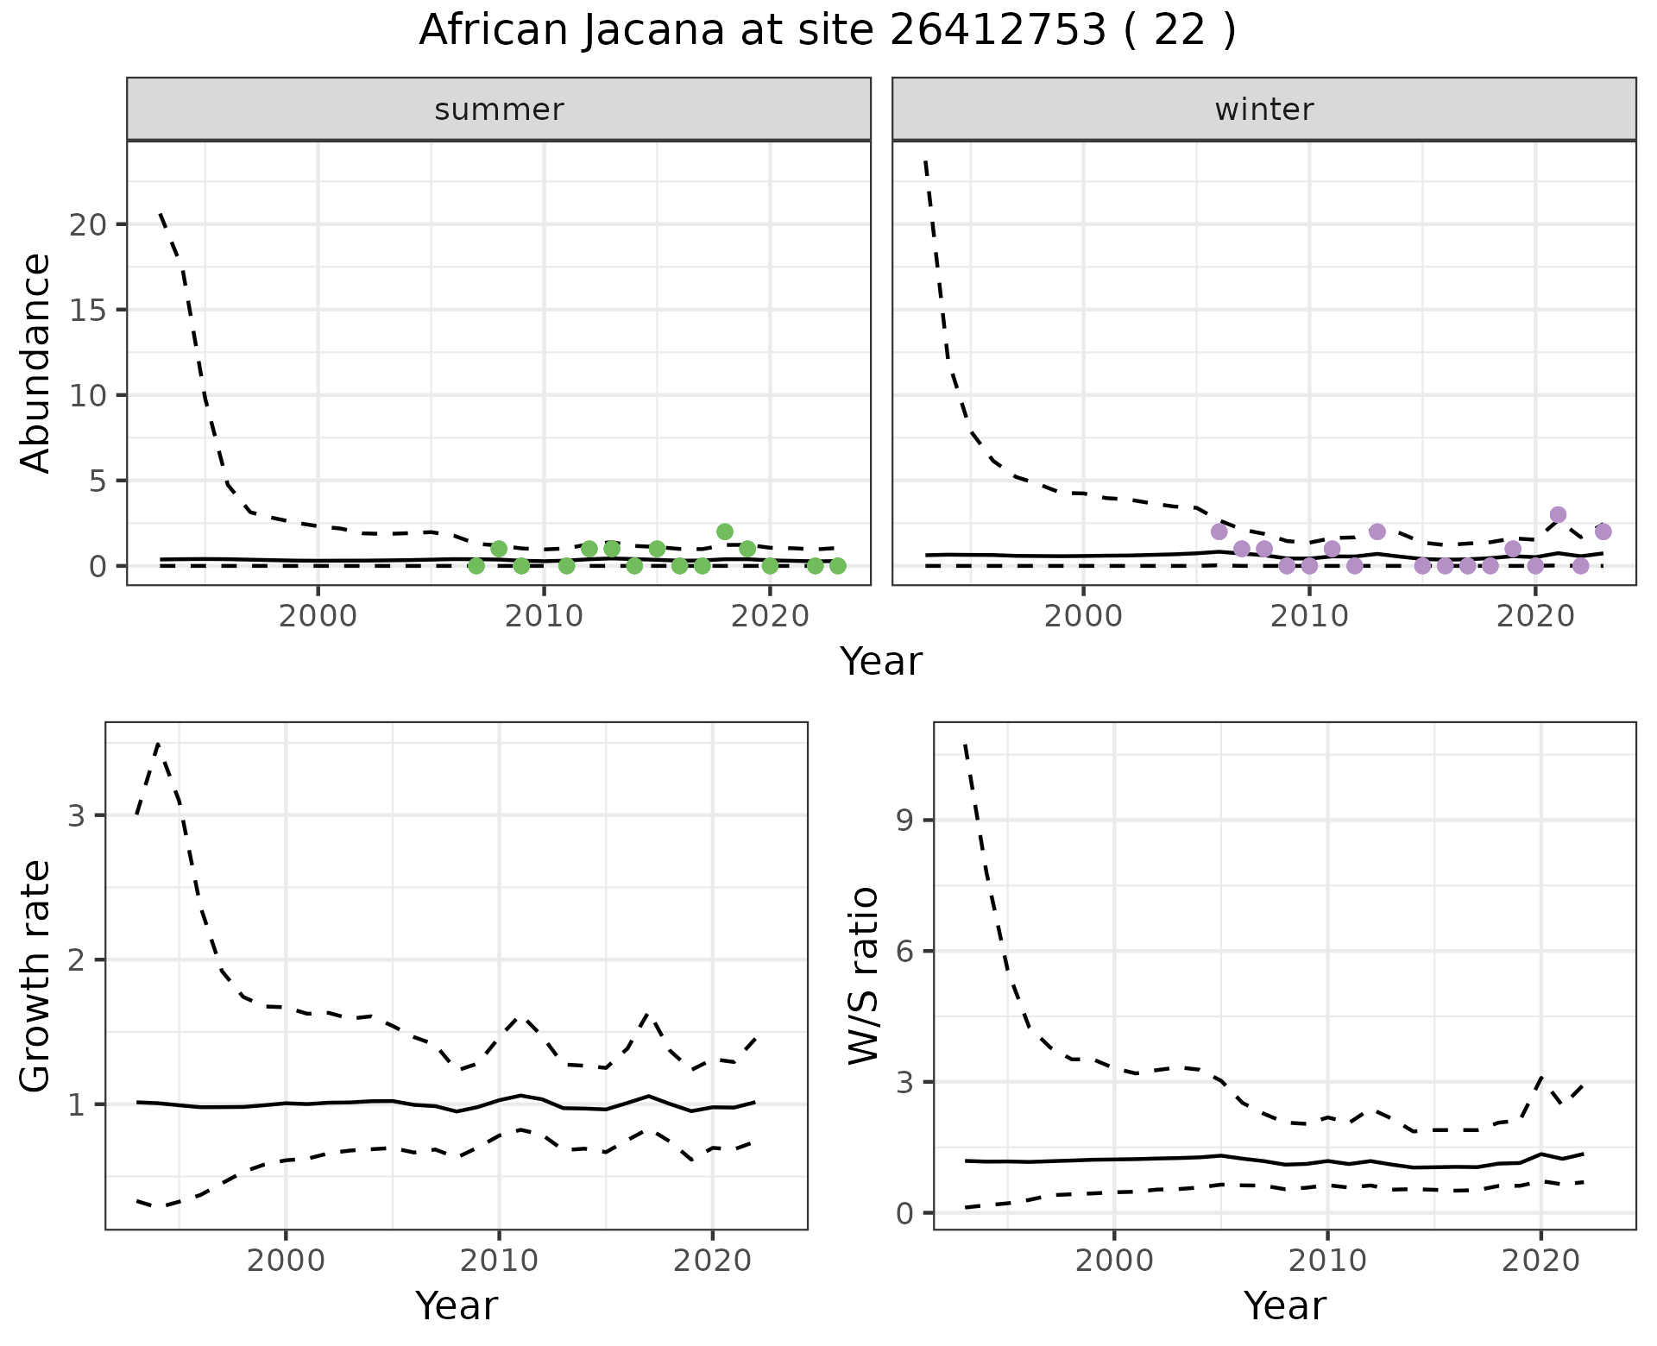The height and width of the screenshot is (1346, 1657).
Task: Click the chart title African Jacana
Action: (x=827, y=31)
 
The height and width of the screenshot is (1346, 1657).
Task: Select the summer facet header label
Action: (x=499, y=110)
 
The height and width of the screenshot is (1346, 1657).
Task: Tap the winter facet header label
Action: (x=1263, y=110)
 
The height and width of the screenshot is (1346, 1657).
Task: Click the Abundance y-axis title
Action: (x=36, y=362)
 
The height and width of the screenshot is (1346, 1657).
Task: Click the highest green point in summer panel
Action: (x=725, y=531)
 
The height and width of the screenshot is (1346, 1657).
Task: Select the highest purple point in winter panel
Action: (x=1558, y=515)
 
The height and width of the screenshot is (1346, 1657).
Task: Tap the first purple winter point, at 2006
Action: (x=1219, y=531)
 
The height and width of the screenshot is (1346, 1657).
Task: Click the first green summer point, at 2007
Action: (x=476, y=566)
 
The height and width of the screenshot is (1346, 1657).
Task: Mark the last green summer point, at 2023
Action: (x=837, y=566)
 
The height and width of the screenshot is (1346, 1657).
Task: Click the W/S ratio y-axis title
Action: (x=863, y=975)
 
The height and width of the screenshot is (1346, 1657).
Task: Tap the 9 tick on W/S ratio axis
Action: (x=904, y=820)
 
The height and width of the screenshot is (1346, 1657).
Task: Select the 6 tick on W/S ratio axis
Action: (x=904, y=951)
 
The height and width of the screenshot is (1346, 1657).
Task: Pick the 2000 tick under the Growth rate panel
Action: (x=286, y=1261)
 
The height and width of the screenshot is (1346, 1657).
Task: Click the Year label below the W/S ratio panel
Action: (x=1284, y=1306)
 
